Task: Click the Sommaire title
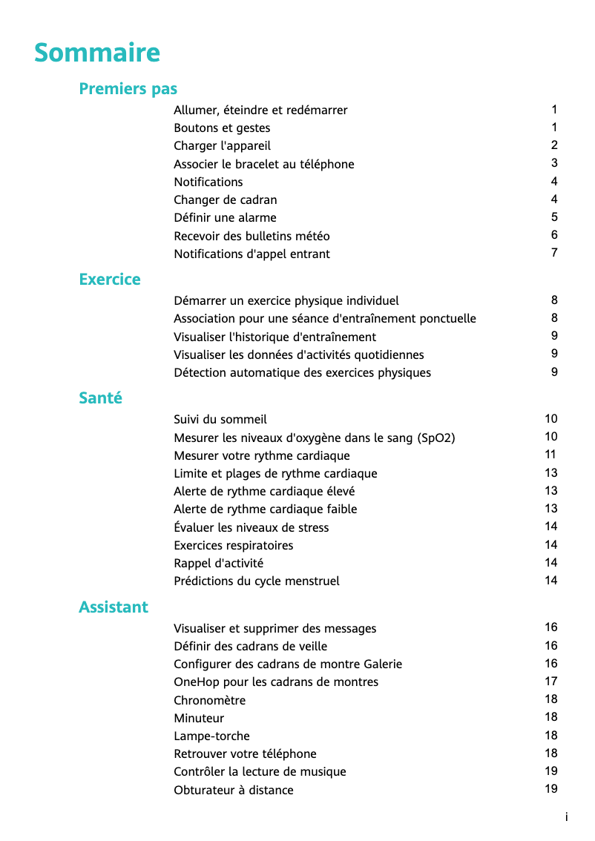(x=97, y=53)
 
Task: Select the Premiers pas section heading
(x=128, y=89)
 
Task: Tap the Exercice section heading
(x=110, y=280)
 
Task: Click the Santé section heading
(x=100, y=398)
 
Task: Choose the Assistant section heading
(x=114, y=607)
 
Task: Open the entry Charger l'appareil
(x=222, y=146)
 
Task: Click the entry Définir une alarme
(x=225, y=218)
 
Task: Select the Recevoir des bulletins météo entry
(x=252, y=237)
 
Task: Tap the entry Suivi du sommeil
(x=220, y=420)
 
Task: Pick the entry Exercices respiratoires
(x=233, y=546)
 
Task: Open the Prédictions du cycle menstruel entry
(x=256, y=581)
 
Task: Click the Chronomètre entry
(x=209, y=701)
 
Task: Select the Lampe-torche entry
(x=211, y=736)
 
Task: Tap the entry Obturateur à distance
(x=233, y=791)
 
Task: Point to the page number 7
(x=554, y=253)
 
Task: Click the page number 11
(x=550, y=455)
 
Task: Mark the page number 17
(x=550, y=682)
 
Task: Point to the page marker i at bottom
(x=566, y=817)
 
